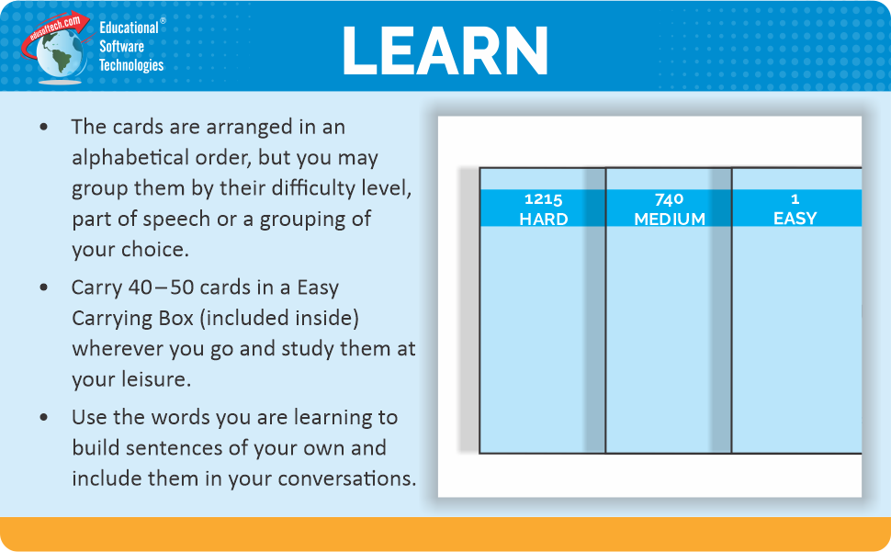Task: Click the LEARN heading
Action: [445, 50]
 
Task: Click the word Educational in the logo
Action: [129, 28]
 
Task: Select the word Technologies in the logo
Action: [131, 65]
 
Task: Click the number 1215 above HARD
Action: [543, 198]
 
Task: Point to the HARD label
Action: [543, 219]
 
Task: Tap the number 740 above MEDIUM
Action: [669, 198]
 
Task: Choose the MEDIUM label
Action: [669, 219]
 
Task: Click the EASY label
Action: [795, 219]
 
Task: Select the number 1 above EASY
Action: [795, 198]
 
